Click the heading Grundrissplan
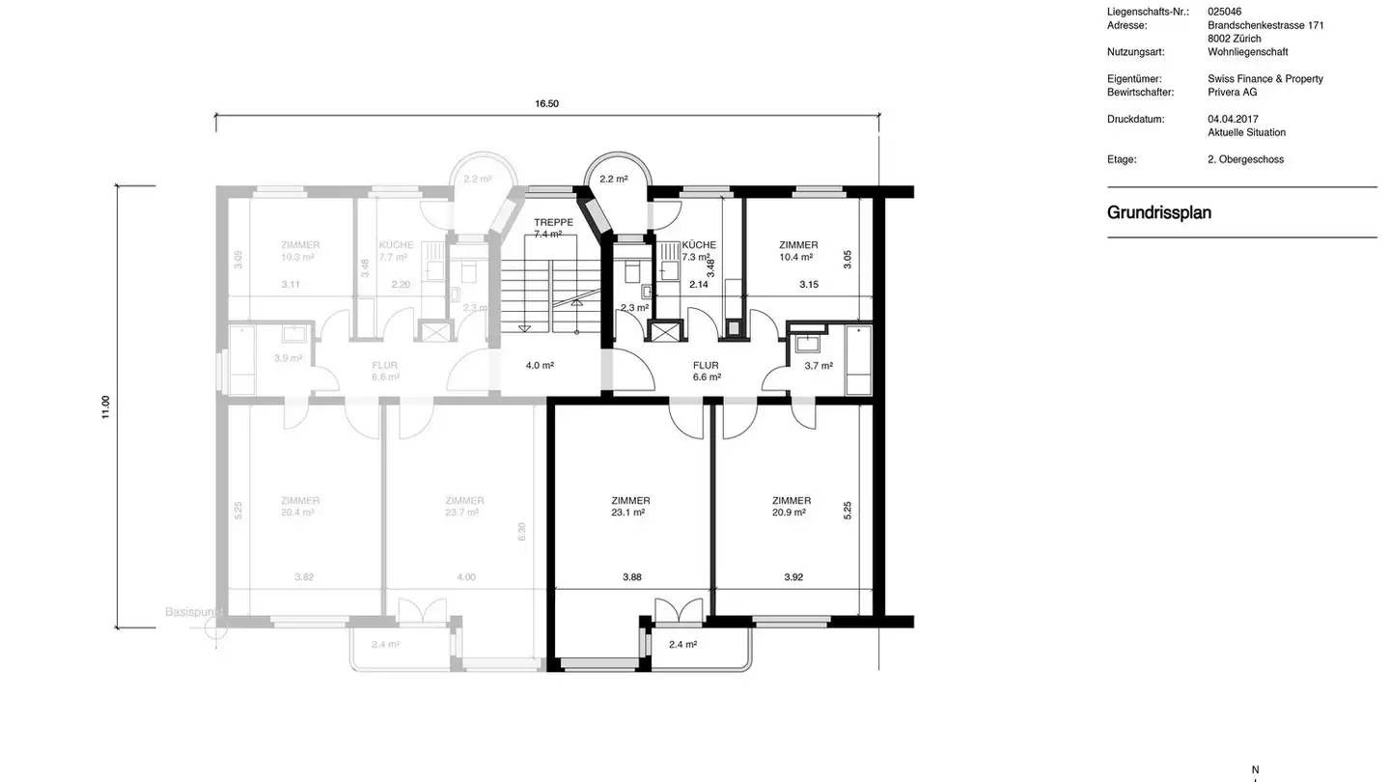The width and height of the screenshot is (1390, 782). (x=1158, y=212)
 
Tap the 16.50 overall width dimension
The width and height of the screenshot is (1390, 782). (x=547, y=103)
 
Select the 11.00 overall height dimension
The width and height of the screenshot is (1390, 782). (x=106, y=406)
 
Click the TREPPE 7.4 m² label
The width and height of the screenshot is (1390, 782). (x=553, y=228)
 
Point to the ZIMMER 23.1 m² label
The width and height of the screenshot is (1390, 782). (x=630, y=507)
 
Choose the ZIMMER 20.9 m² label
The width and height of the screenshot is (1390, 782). (x=792, y=507)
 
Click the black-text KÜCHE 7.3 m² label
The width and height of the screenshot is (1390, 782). (x=698, y=251)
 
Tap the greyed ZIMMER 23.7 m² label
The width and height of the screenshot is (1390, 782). (x=464, y=507)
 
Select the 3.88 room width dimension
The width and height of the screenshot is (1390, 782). (x=632, y=577)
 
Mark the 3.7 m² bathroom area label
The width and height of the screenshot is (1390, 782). (x=819, y=366)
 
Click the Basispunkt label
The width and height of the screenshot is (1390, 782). (x=193, y=612)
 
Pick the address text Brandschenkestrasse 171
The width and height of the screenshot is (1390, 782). (x=1265, y=25)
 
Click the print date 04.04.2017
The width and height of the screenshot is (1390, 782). (x=1233, y=119)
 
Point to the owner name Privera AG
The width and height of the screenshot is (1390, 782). (x=1232, y=92)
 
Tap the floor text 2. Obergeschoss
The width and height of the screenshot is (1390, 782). (x=1245, y=159)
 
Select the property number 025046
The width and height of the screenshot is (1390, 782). (x=1224, y=12)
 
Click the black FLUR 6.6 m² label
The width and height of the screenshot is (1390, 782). (x=707, y=371)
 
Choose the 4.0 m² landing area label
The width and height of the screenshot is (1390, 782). (x=540, y=366)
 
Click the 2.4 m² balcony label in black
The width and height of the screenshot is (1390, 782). (x=682, y=644)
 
